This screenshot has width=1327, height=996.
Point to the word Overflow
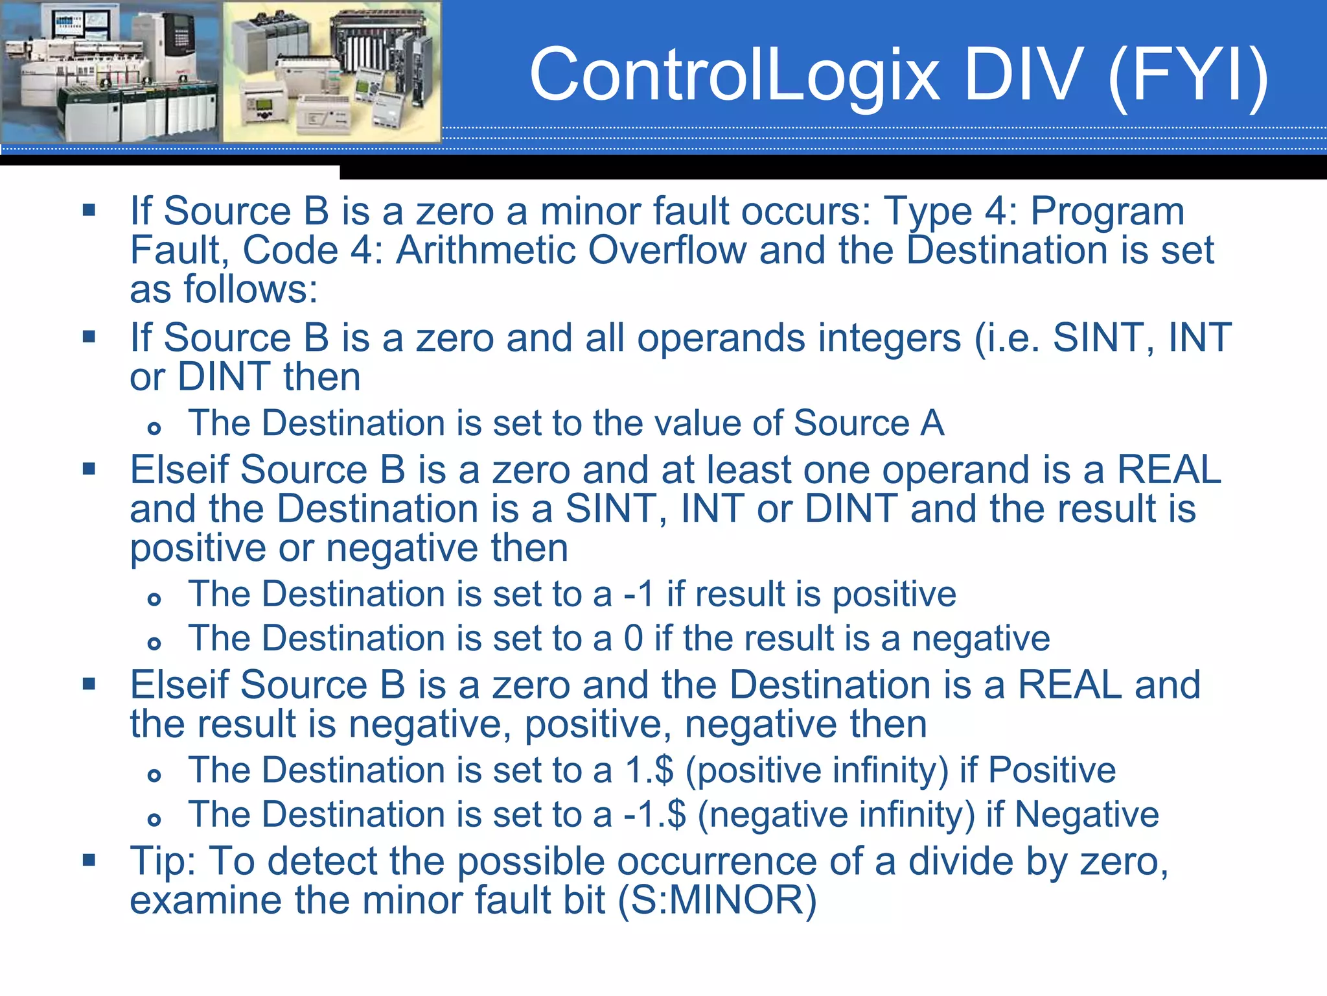pos(667,250)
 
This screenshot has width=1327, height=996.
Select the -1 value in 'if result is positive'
pos(639,595)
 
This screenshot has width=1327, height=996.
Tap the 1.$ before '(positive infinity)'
pos(649,770)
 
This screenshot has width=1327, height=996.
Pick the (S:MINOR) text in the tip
pos(717,901)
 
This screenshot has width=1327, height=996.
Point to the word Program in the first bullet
pos(1107,212)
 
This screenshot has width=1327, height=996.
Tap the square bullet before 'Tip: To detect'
pos(89,860)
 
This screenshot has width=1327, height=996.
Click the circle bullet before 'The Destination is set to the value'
pos(154,428)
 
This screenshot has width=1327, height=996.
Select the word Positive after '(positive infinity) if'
pos(1052,770)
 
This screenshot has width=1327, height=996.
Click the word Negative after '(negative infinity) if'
pos(1087,815)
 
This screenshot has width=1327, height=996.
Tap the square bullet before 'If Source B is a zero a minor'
pos(89,210)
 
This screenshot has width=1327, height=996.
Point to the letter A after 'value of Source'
pos(932,423)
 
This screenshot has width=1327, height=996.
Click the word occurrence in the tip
pos(717,862)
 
